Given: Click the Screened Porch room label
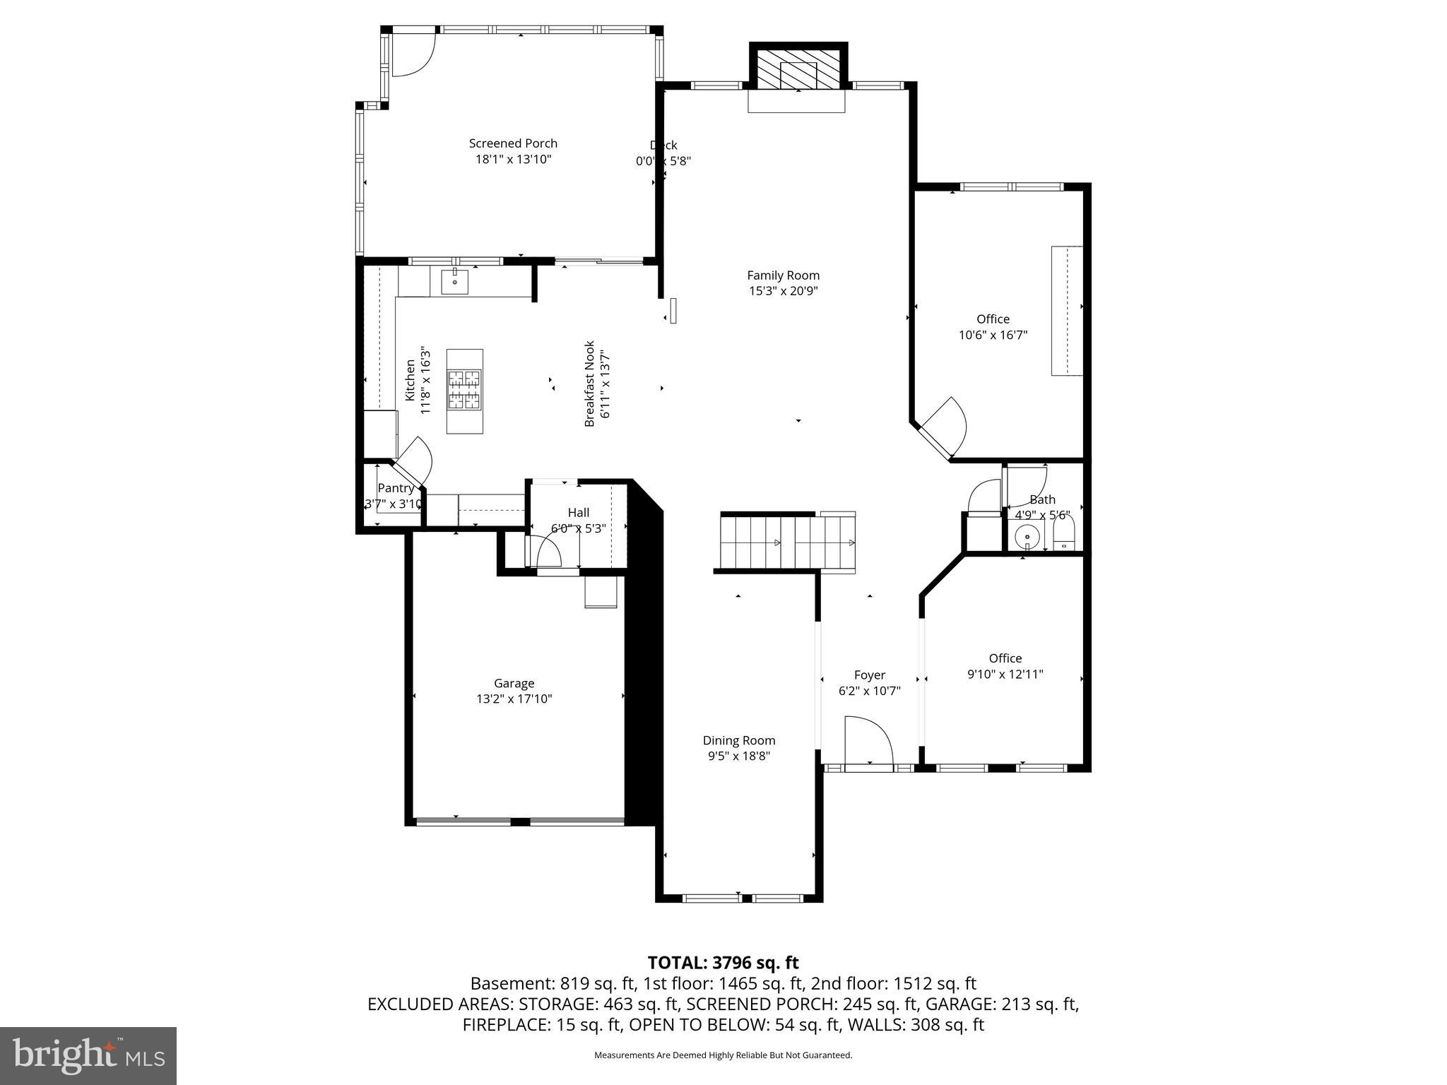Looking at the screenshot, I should coord(513,143).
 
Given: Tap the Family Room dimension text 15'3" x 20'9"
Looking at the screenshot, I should coord(783,291).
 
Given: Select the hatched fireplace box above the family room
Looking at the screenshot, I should coord(798,69).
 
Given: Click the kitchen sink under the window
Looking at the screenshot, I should coord(454,282).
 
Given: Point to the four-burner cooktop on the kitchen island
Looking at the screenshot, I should coord(464,390).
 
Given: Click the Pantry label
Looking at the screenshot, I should coord(395,488).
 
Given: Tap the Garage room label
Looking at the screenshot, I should coord(514,683).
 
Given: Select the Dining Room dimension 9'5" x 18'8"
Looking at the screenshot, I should coord(738,756).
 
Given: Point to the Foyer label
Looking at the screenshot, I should coord(869,675).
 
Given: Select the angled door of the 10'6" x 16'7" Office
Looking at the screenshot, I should coord(941,429).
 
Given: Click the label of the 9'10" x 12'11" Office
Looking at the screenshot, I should coord(1005,658).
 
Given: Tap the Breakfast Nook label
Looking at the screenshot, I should coord(590,384).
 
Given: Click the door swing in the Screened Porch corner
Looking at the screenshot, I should coord(413,55).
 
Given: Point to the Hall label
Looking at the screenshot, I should coord(578,513).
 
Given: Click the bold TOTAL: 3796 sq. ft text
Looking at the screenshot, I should coord(723,963).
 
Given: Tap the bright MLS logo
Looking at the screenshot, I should coord(88,1055).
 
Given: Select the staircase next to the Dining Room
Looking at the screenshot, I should coord(787,542).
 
